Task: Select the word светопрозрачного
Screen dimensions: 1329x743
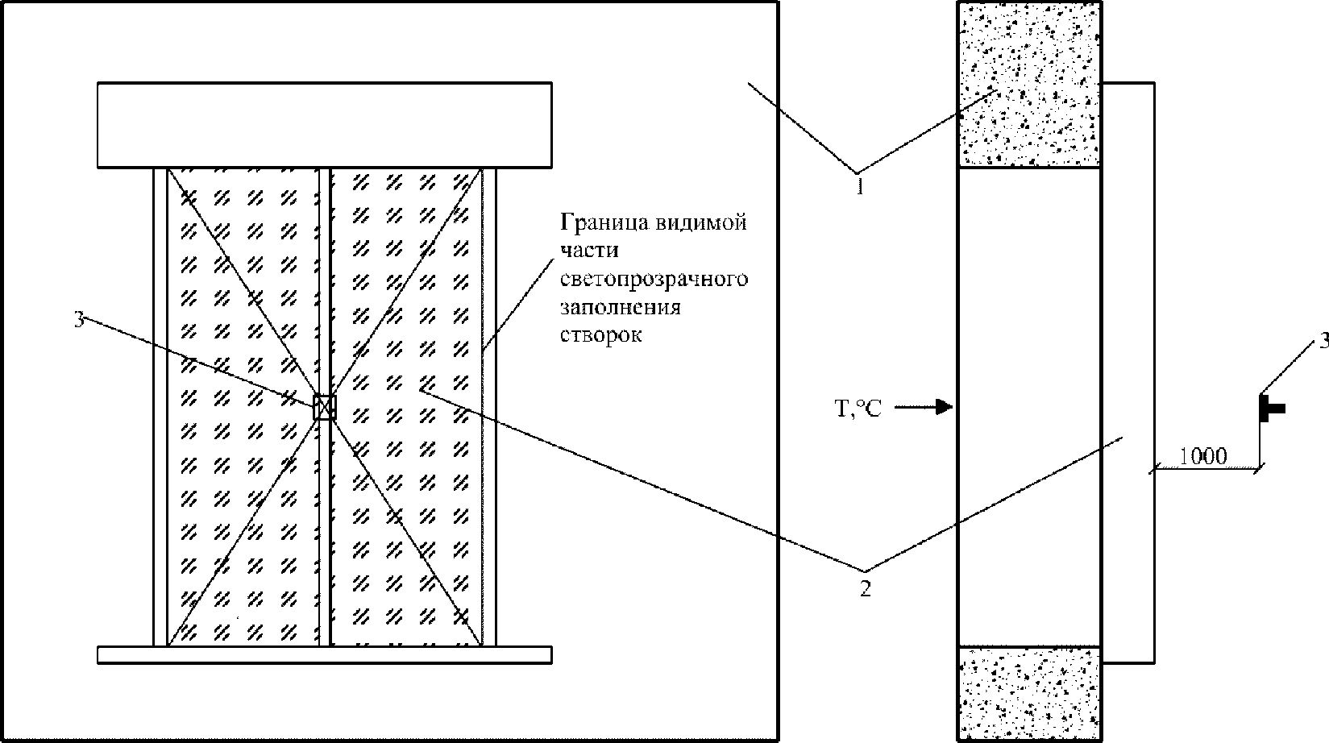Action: pos(654,280)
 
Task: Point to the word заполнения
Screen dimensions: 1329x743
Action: pos(620,307)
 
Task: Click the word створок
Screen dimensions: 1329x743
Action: pos(601,335)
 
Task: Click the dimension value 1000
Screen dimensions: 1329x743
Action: pos(1202,456)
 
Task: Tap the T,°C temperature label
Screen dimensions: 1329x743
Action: pos(858,409)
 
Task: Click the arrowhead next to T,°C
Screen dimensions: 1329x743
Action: pos(943,407)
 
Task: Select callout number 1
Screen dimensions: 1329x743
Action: pos(860,186)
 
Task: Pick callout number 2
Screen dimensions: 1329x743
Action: pos(866,588)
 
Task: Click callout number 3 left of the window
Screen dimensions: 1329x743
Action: pos(79,320)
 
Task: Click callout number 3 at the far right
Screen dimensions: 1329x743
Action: pos(1323,341)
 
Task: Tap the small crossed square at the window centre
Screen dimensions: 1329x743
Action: pos(325,408)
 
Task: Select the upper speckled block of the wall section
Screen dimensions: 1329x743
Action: pos(1029,85)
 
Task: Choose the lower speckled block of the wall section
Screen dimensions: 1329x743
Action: pos(1029,694)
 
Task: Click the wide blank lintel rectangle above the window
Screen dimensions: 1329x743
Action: pos(325,125)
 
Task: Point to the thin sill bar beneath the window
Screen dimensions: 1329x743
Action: pos(325,654)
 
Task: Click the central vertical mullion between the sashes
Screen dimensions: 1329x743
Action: pos(325,407)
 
